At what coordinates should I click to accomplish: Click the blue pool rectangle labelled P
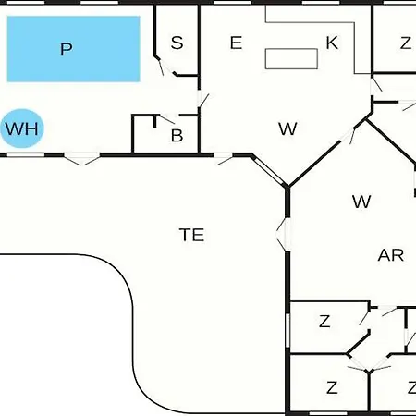(73, 49)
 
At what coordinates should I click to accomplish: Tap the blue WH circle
(22, 128)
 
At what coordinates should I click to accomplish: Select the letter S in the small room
(177, 43)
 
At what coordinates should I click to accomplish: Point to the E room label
(236, 43)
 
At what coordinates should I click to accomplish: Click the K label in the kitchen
(332, 43)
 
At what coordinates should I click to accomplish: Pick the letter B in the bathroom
(177, 135)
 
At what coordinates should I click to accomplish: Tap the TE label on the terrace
(191, 235)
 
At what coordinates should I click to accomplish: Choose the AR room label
(391, 255)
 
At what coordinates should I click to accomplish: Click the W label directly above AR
(361, 202)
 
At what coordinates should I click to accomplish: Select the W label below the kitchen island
(288, 128)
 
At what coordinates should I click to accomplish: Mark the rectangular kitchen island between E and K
(291, 58)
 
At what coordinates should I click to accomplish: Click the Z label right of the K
(406, 43)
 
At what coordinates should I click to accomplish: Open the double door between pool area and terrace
(81, 158)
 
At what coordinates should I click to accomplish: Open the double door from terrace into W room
(284, 234)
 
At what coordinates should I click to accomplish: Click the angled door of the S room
(165, 67)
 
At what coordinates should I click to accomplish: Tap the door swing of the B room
(167, 118)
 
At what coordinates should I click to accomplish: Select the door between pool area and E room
(202, 99)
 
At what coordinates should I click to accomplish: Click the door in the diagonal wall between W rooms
(349, 135)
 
